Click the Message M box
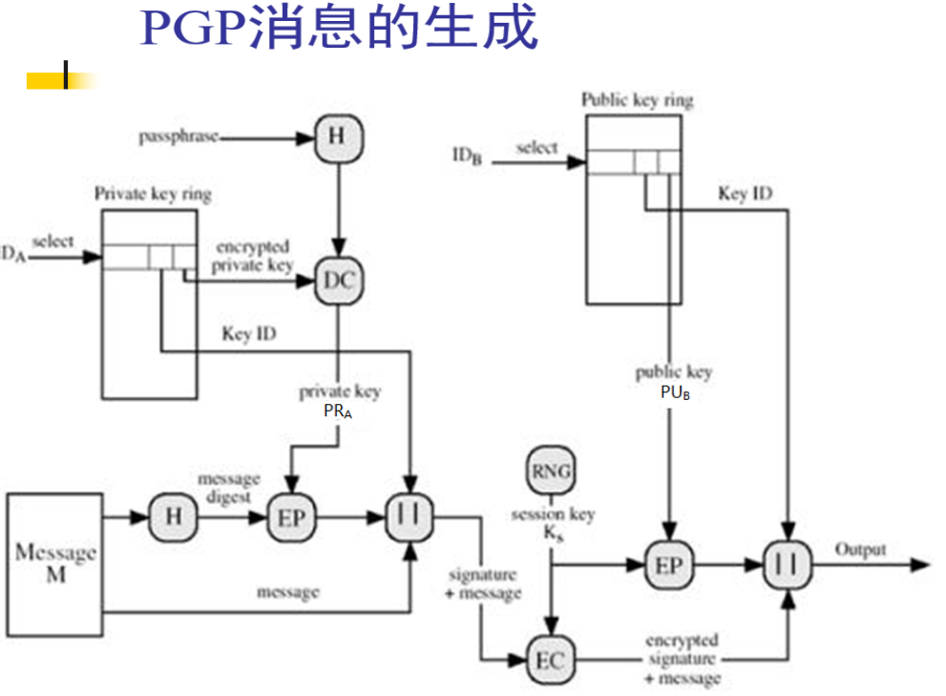pyautogui.click(x=55, y=564)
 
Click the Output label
pyautogui.click(x=860, y=549)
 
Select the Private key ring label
pyautogui.click(x=153, y=194)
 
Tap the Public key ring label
pyautogui.click(x=637, y=99)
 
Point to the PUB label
pyautogui.click(x=674, y=392)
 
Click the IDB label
pyautogui.click(x=467, y=154)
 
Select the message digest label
pyautogui.click(x=228, y=487)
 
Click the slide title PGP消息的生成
pyautogui.click(x=339, y=29)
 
